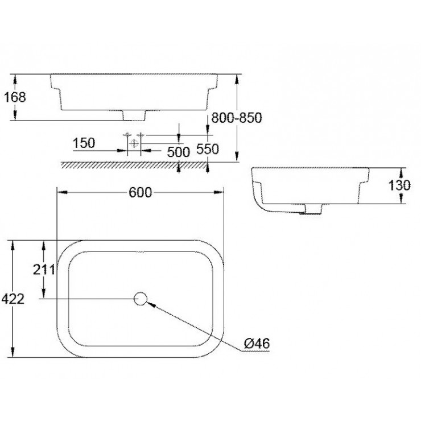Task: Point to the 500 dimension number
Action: (x=178, y=151)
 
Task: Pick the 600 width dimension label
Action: (x=140, y=193)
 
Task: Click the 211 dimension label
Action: (x=44, y=269)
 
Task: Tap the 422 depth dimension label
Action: (x=13, y=299)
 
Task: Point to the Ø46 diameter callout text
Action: (x=257, y=344)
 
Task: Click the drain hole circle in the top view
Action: (x=140, y=298)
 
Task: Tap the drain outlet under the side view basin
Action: (x=312, y=209)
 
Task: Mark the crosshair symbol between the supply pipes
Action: (x=134, y=142)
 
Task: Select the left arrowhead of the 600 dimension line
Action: (x=59, y=193)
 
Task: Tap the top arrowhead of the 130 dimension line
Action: (x=402, y=171)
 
